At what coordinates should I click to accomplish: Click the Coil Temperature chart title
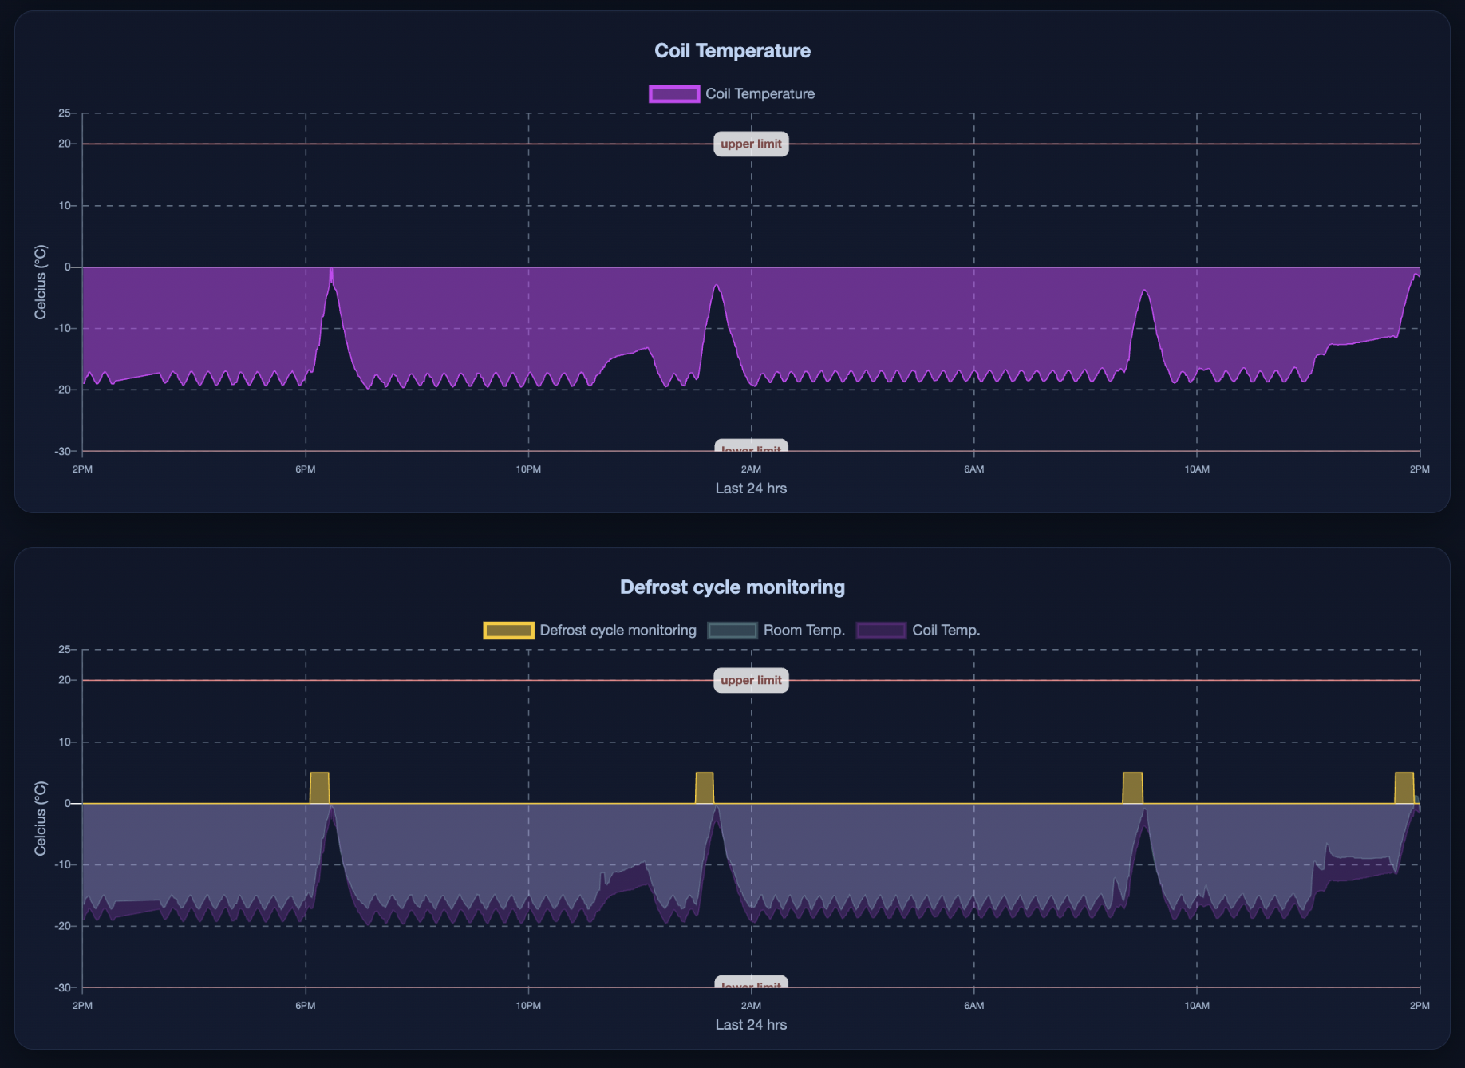click(732, 51)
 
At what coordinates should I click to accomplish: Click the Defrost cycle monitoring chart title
click(732, 587)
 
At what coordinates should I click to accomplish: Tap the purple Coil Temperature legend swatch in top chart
click(674, 94)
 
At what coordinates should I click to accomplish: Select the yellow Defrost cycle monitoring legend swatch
click(508, 631)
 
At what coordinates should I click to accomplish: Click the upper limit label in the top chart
click(751, 144)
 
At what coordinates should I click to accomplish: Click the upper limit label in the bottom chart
click(751, 681)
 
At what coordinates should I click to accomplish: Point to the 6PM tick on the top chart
click(305, 469)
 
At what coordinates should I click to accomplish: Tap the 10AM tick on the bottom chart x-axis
click(1196, 1006)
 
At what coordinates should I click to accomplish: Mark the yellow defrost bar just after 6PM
click(319, 789)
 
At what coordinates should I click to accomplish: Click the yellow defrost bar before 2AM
click(704, 789)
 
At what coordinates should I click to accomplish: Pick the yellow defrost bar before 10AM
click(1132, 789)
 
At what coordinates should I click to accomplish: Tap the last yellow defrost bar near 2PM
click(1404, 789)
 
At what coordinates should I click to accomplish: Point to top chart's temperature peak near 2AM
click(717, 287)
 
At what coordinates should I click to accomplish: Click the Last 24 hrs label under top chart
click(751, 489)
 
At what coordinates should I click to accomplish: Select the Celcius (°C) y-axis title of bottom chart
click(41, 818)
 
